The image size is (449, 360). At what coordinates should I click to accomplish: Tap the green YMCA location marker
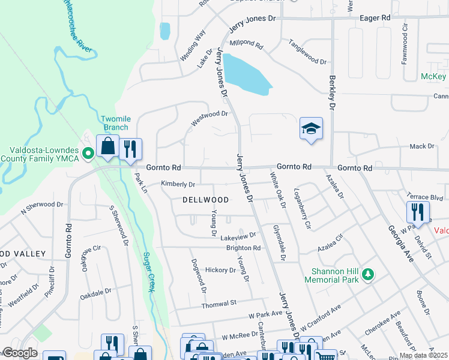coord(88,154)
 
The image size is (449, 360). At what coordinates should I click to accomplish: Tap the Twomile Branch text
coord(114,123)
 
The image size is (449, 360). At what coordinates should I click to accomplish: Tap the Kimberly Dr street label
coord(178,184)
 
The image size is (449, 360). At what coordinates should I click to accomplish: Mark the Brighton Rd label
coord(243,247)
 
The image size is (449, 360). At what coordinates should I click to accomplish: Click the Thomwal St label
coord(220,302)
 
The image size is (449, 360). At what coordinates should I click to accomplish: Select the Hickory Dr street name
coord(220,270)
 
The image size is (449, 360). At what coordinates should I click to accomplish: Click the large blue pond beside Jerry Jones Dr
coord(249,74)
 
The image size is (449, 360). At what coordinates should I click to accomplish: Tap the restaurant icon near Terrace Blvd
coord(418,212)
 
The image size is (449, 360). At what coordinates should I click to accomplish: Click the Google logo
coord(20,353)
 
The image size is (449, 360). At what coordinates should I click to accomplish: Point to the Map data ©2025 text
coord(423,355)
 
